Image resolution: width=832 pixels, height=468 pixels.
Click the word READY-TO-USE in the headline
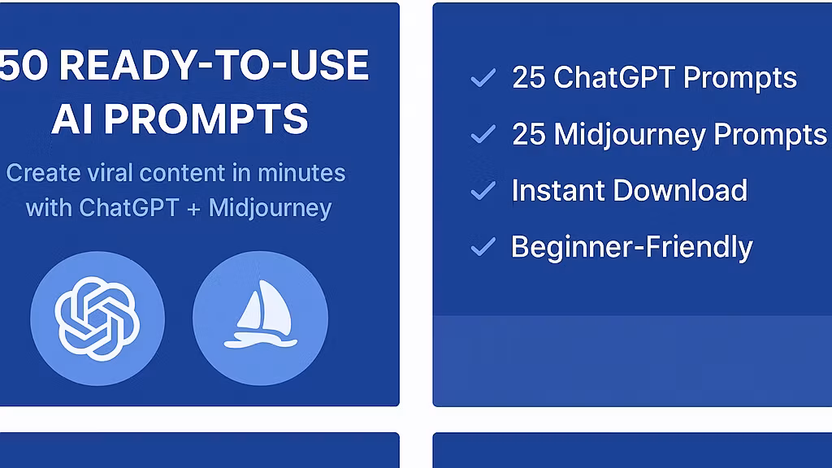click(214, 66)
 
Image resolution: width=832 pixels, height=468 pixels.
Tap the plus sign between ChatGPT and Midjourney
click(192, 207)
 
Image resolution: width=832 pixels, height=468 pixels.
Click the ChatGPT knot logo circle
click(97, 317)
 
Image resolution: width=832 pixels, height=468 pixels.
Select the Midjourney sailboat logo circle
click(260, 317)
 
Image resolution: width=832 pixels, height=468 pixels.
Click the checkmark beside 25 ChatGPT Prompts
click(483, 78)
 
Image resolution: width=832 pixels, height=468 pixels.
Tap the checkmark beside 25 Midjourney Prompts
click(483, 134)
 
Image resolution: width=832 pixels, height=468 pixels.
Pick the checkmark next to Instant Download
click(483, 191)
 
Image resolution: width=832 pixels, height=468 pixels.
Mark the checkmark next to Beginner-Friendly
click(483, 247)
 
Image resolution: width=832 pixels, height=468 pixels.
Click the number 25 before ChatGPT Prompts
click(528, 78)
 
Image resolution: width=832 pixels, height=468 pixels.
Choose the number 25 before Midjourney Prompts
click(528, 134)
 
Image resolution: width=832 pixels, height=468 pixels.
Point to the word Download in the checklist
click(680, 191)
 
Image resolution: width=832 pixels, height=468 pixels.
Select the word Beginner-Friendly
click(631, 247)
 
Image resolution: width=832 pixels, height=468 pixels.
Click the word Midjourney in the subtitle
click(271, 208)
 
